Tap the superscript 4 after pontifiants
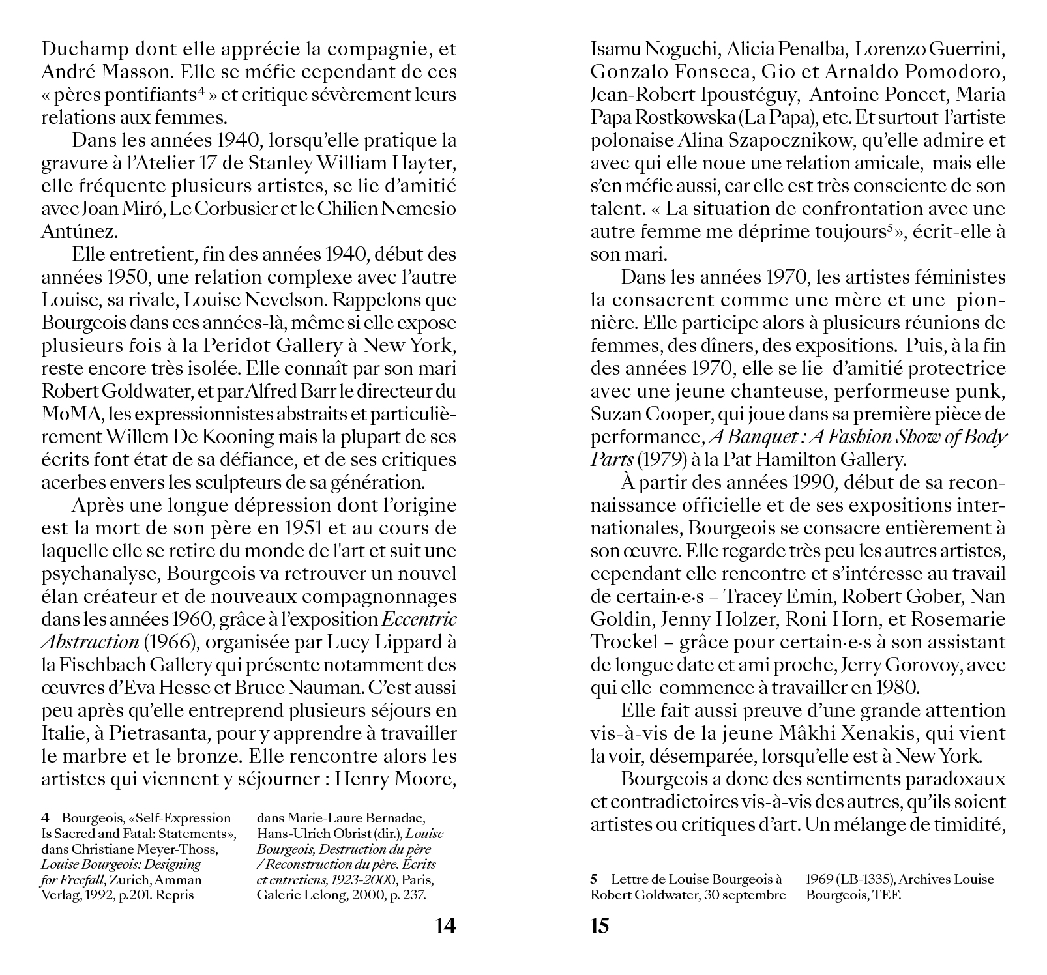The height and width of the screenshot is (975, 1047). coord(202,91)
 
